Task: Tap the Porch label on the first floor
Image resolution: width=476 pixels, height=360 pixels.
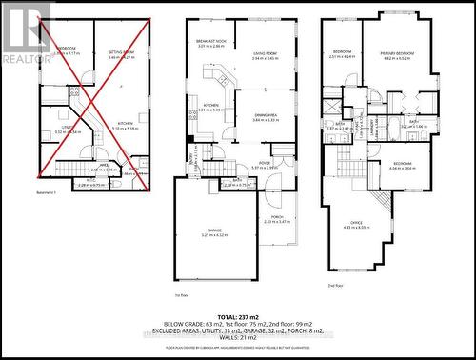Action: [x=278, y=216]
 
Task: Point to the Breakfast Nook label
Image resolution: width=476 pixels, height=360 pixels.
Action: [x=210, y=42]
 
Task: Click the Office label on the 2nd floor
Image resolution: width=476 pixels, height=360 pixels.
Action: [x=356, y=224]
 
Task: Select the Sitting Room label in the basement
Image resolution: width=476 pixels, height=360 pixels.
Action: [x=121, y=53]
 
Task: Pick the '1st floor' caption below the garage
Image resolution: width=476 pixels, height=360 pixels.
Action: [x=181, y=296]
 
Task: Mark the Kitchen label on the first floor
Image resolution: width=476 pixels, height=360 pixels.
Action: [x=211, y=106]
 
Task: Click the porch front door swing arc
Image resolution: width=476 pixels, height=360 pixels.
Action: [x=273, y=196]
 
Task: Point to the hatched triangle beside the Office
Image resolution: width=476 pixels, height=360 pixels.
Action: [x=380, y=202]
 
